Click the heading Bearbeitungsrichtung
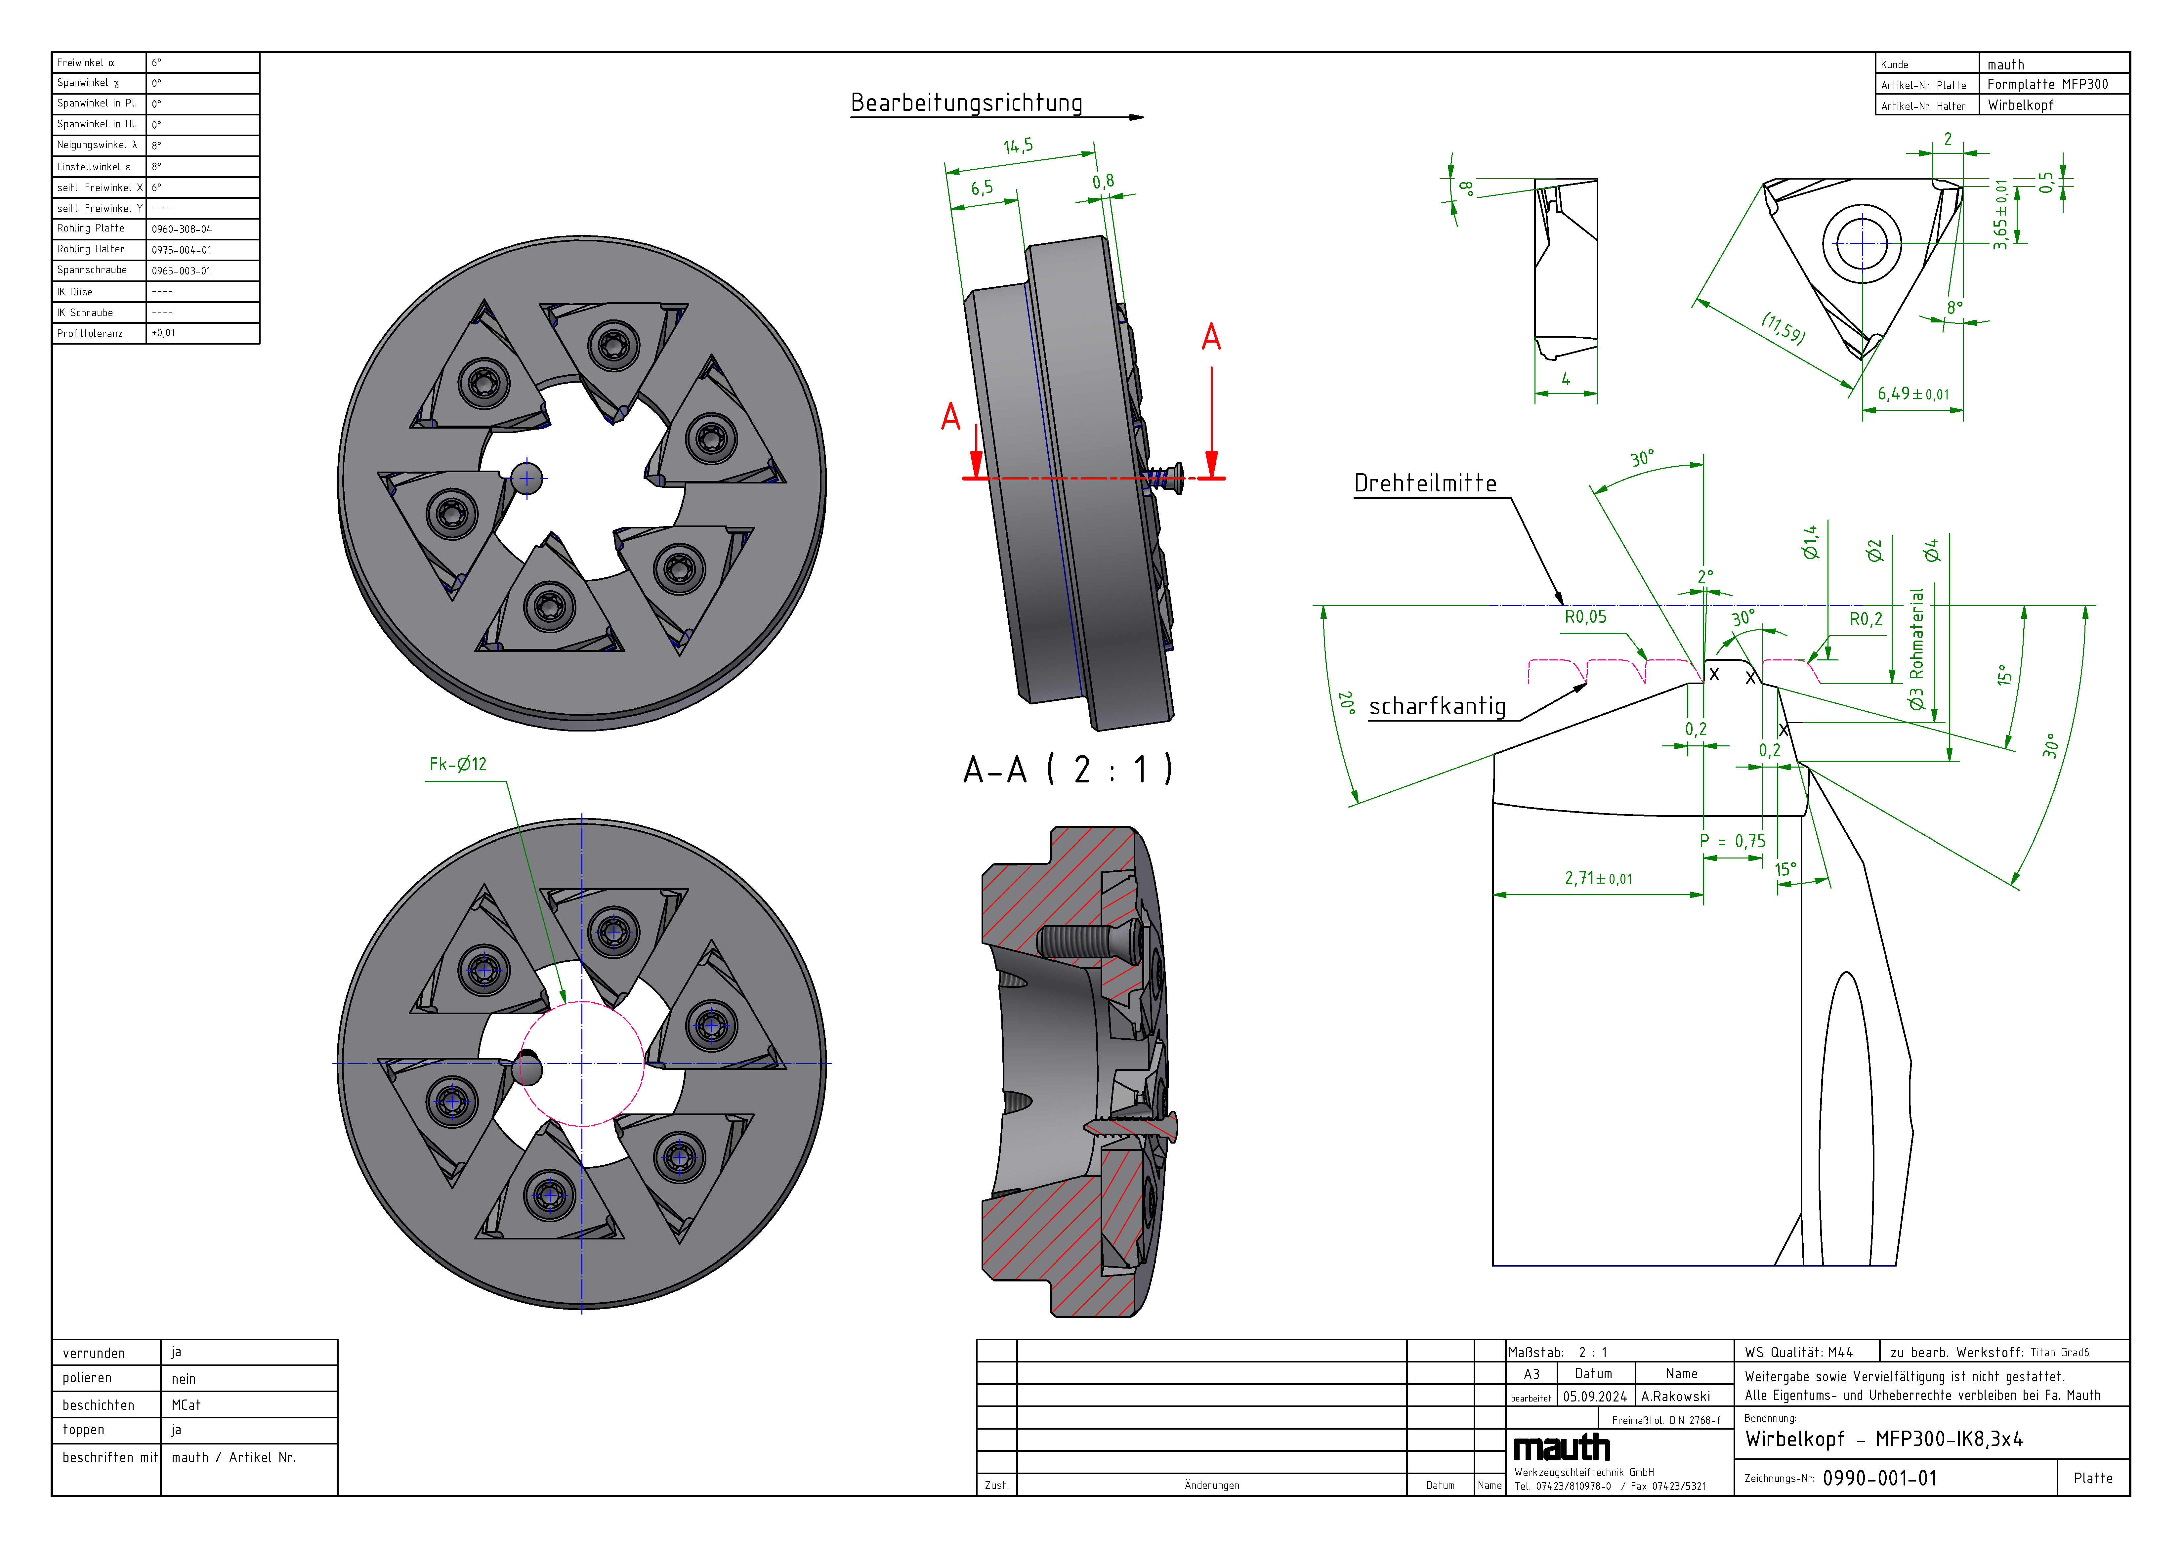(966, 103)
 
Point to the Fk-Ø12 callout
(457, 764)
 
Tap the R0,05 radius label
(1585, 617)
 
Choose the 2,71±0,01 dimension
(1597, 878)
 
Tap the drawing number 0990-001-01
(1879, 1479)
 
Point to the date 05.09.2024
(1594, 1397)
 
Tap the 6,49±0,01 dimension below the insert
(1912, 395)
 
